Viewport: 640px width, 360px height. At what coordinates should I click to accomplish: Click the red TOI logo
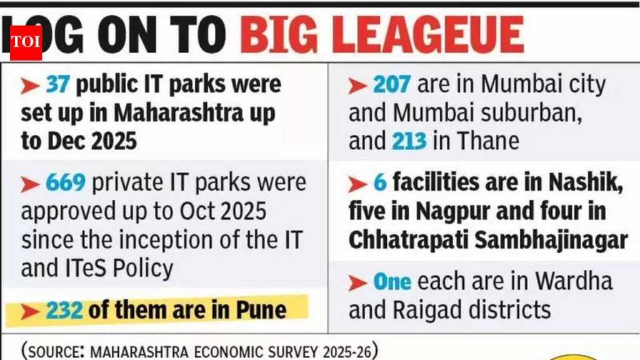coord(26,42)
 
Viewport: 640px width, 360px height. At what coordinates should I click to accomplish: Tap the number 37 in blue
coord(56,84)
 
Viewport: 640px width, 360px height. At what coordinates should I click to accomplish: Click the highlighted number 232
coord(64,309)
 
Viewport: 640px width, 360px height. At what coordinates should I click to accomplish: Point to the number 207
coord(392,84)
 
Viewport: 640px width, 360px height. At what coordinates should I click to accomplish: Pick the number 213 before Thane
coord(409,141)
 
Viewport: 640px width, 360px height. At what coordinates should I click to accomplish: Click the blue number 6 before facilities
coord(380,183)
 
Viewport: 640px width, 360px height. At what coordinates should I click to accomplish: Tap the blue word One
coord(392,281)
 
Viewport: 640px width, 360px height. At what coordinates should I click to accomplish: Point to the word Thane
coord(488,141)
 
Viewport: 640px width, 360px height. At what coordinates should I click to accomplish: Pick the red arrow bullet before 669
coord(30,184)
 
